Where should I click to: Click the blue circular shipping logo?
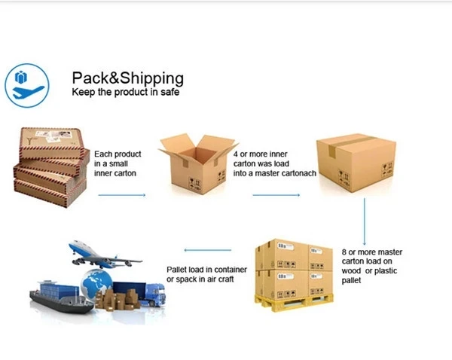[x=26, y=85]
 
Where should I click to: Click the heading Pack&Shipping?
[x=127, y=78]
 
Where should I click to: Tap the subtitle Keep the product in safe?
[x=125, y=93]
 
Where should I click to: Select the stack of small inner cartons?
[x=51, y=167]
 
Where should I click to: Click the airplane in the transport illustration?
[x=102, y=253]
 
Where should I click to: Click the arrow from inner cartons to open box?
[x=121, y=196]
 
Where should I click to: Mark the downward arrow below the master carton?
[x=365, y=221]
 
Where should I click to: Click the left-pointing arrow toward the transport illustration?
[x=208, y=250]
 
